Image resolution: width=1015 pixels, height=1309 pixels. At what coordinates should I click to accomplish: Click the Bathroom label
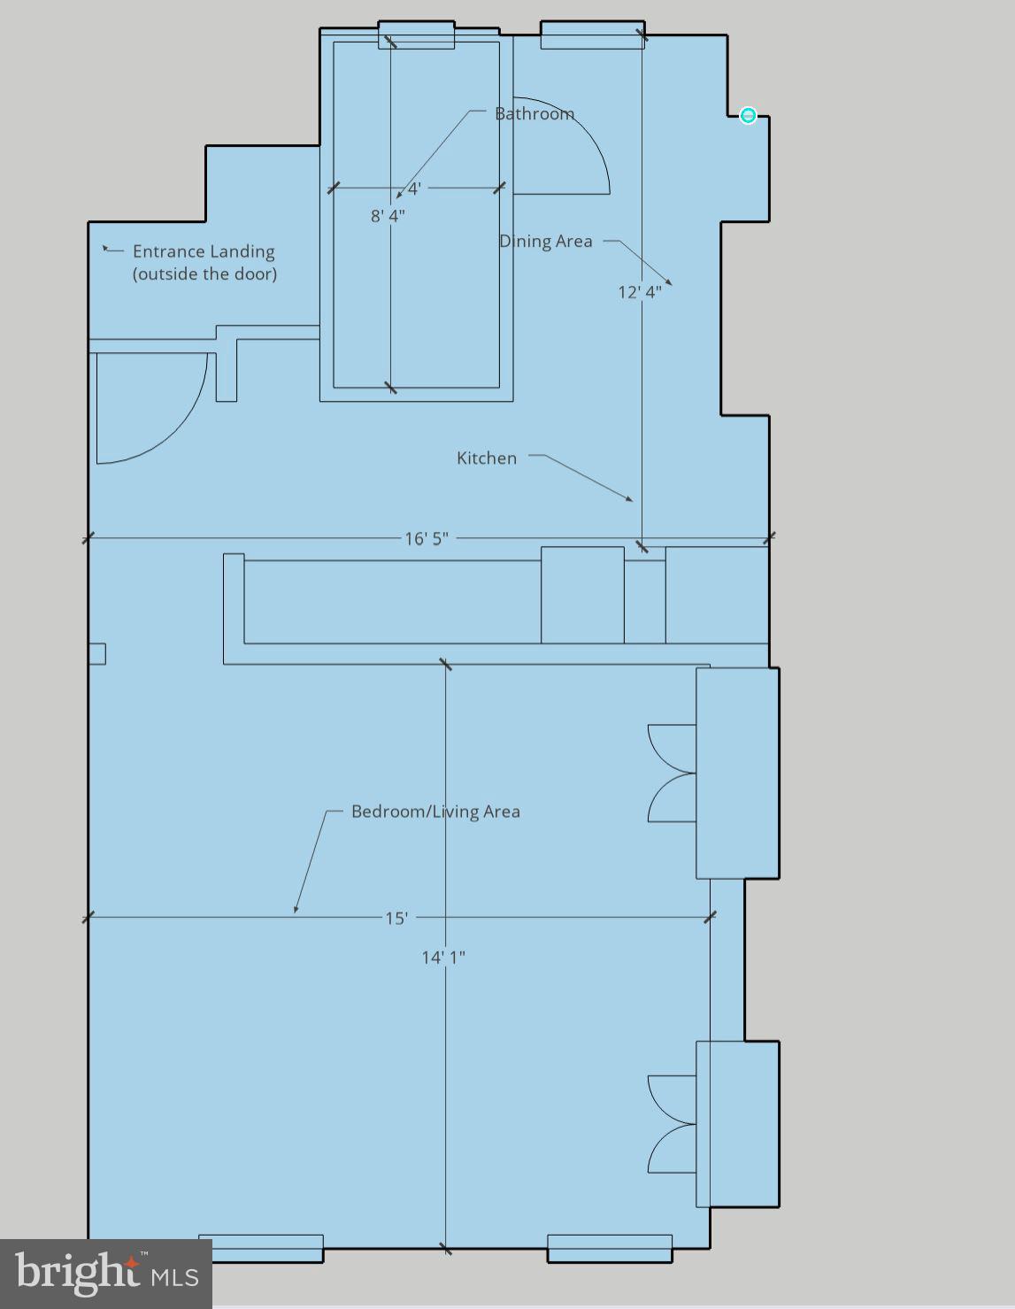tap(534, 114)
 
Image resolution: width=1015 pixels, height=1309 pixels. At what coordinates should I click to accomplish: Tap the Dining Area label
tap(546, 242)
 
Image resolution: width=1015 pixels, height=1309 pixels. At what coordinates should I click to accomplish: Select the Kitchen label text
tap(487, 458)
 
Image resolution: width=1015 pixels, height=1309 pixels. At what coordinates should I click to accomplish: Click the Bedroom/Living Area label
tap(435, 812)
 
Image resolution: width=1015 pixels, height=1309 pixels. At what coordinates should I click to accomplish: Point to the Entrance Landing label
tap(204, 263)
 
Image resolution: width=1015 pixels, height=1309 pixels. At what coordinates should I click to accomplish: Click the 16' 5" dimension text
tap(427, 538)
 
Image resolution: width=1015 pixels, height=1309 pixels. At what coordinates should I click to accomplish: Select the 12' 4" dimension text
tap(639, 292)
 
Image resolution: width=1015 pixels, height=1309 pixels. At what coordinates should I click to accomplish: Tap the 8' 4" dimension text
tap(388, 216)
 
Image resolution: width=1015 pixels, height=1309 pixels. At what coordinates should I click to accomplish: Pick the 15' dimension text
tap(396, 918)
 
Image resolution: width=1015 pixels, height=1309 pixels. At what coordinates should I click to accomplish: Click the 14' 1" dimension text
tap(443, 957)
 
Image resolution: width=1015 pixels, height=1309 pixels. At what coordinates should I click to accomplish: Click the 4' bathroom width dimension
tap(413, 189)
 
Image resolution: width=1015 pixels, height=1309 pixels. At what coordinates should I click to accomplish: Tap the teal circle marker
tap(748, 115)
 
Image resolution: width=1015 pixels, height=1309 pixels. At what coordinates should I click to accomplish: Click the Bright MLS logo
tap(105, 1274)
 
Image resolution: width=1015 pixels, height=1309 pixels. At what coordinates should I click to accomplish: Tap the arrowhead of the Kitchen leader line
tap(630, 500)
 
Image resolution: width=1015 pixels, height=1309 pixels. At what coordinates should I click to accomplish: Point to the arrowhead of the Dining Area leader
tap(669, 282)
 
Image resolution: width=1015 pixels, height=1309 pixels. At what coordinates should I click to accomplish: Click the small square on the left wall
tap(97, 653)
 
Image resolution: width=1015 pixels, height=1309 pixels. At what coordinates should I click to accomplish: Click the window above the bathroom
tap(416, 35)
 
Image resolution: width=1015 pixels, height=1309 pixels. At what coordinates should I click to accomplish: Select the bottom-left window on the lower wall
tap(261, 1248)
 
